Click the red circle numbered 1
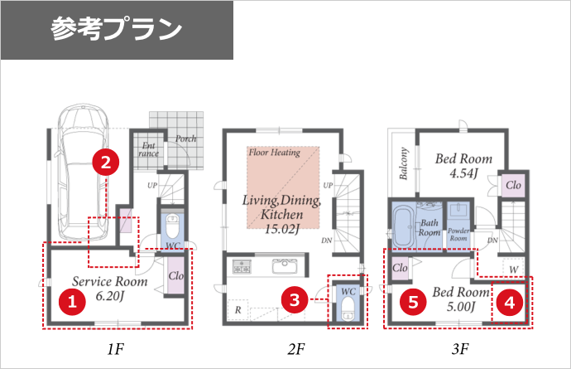(x=72, y=302)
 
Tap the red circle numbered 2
(x=106, y=162)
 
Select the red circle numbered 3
(x=295, y=300)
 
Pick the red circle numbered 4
(x=509, y=302)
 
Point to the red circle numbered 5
(x=413, y=302)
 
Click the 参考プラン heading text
(x=116, y=29)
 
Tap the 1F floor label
(x=115, y=349)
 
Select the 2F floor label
(x=295, y=349)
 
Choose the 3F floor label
(x=460, y=349)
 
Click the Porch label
(x=185, y=138)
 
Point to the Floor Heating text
(x=275, y=153)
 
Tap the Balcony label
(x=404, y=163)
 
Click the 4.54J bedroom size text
(x=463, y=173)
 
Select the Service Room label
(x=109, y=281)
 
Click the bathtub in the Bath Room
(x=404, y=226)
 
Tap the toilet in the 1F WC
(x=172, y=226)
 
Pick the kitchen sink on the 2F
(x=285, y=266)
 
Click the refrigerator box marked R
(x=238, y=310)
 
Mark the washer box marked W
(x=513, y=269)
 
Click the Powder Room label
(x=458, y=235)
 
